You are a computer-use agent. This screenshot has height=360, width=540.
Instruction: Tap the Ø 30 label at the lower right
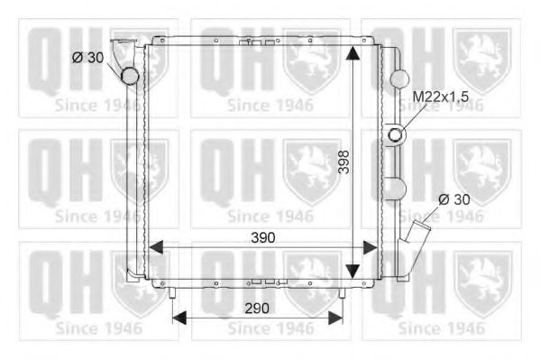[x=454, y=198]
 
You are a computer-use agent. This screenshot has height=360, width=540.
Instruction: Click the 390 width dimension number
[x=262, y=236]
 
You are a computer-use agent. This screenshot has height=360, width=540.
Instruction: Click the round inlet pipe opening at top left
[x=132, y=76]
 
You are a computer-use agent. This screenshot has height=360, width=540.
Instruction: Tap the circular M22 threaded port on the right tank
[x=396, y=135]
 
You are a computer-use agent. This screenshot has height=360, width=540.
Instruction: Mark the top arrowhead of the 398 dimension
[x=354, y=49]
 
